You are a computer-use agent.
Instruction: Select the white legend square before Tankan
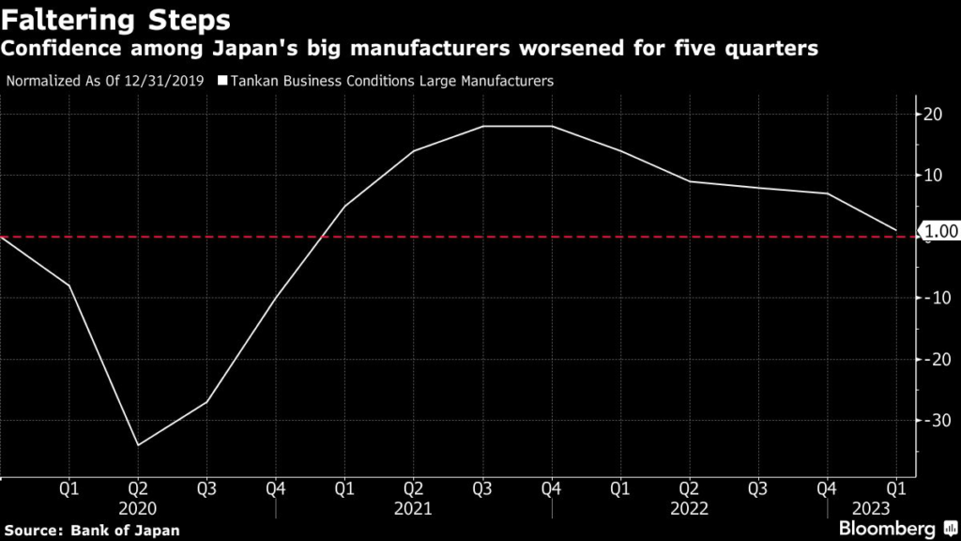pyautogui.click(x=223, y=82)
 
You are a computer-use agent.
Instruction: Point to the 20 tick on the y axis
pyautogui.click(x=935, y=115)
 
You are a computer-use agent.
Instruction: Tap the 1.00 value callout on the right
pyautogui.click(x=941, y=231)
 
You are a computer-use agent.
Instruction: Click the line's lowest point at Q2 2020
pyautogui.click(x=138, y=444)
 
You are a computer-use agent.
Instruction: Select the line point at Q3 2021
pyautogui.click(x=483, y=126)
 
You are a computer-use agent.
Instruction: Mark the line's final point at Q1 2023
pyautogui.click(x=896, y=230)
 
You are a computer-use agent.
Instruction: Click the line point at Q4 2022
pyautogui.click(x=827, y=193)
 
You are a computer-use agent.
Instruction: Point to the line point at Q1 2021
pyautogui.click(x=344, y=206)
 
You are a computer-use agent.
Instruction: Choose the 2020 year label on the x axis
pyautogui.click(x=138, y=508)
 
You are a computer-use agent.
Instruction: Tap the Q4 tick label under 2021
pyautogui.click(x=552, y=489)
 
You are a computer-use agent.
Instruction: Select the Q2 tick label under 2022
pyautogui.click(x=690, y=489)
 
